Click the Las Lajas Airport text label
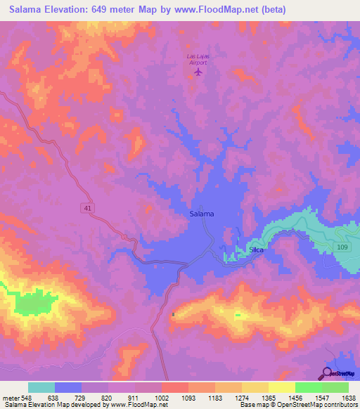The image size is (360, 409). click(198, 59)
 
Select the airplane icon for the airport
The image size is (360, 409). click(198, 71)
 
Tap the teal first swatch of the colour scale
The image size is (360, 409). click(41, 387)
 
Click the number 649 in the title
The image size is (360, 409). click(115, 10)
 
